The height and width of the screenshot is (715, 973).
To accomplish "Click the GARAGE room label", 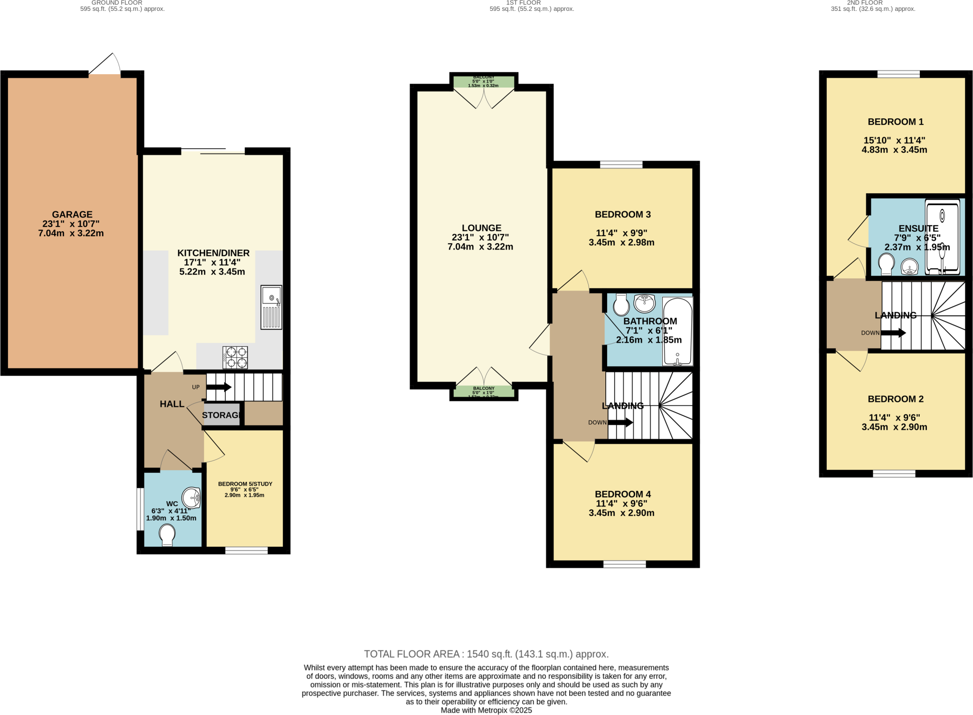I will (72, 215).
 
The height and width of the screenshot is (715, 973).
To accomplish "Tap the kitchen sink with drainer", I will (271, 307).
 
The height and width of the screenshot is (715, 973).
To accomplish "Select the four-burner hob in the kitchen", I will (235, 358).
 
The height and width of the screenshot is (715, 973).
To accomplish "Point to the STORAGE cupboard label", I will (221, 415).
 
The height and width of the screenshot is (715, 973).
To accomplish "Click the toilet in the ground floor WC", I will (167, 535).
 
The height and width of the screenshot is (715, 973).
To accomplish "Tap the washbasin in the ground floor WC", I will (192, 497).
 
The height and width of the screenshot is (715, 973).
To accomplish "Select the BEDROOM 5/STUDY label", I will (245, 484).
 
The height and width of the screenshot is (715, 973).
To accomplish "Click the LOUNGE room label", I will (481, 228).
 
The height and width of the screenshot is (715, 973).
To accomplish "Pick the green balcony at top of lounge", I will (484, 82).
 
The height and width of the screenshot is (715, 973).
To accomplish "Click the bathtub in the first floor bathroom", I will (677, 331).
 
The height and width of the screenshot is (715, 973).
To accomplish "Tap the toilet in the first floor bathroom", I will (621, 305).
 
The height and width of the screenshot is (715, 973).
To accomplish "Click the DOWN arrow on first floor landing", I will (620, 422).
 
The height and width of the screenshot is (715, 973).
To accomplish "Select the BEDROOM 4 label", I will (622, 494).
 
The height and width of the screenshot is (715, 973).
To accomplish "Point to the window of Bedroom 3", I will (621, 164).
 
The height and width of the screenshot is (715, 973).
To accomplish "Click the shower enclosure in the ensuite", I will (942, 237).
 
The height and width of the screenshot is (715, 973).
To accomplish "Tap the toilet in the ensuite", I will (886, 264).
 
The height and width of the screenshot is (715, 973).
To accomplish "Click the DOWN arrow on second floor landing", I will (893, 333).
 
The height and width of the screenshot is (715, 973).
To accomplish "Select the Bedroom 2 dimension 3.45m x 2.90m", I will (894, 427).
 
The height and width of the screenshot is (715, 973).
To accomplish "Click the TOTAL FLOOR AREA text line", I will (486, 654).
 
